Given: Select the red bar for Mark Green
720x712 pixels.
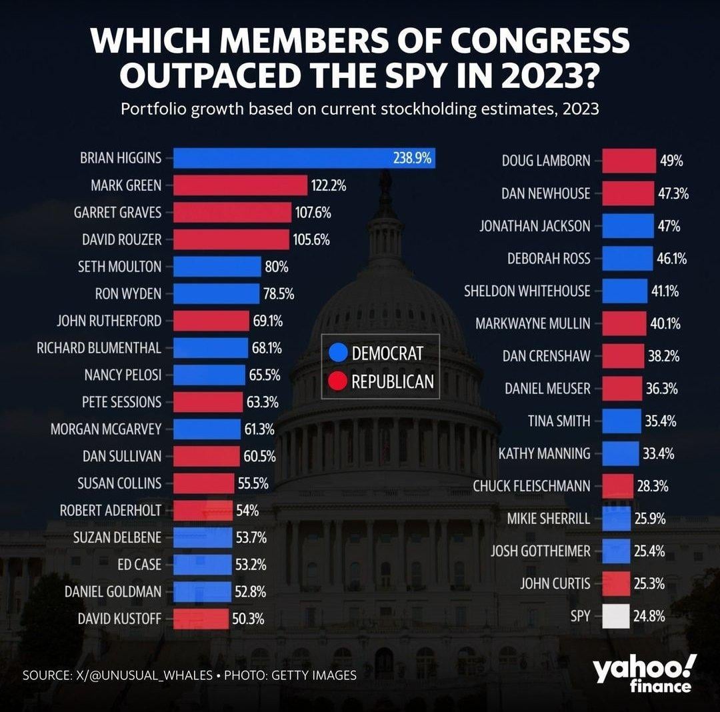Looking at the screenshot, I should tap(240, 185).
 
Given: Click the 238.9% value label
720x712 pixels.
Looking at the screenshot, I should tap(412, 158).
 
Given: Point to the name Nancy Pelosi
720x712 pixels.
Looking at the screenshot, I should tap(123, 375).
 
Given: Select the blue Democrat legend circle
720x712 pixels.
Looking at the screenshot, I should tap(339, 353).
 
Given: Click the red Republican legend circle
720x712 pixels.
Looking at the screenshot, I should tap(339, 381).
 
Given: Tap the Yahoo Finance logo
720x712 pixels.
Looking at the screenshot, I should tap(644, 672).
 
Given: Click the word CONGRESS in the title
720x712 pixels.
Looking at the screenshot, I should tap(539, 41).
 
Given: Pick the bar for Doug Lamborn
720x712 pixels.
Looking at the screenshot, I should tap(629, 161).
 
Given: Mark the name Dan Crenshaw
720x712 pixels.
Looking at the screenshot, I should tap(546, 356).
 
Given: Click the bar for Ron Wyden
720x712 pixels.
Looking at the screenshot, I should tap(216, 293).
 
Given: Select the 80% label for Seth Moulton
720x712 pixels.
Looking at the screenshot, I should tap(276, 267).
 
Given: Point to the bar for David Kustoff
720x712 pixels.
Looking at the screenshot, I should tap(201, 619).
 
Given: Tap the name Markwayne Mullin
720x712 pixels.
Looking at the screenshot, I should tap(533, 323).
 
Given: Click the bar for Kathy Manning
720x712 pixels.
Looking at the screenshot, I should tap(620, 454).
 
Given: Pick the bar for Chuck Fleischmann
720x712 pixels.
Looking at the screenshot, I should tap(617, 486).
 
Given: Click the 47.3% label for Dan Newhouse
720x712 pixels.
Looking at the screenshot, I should tap(672, 193).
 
